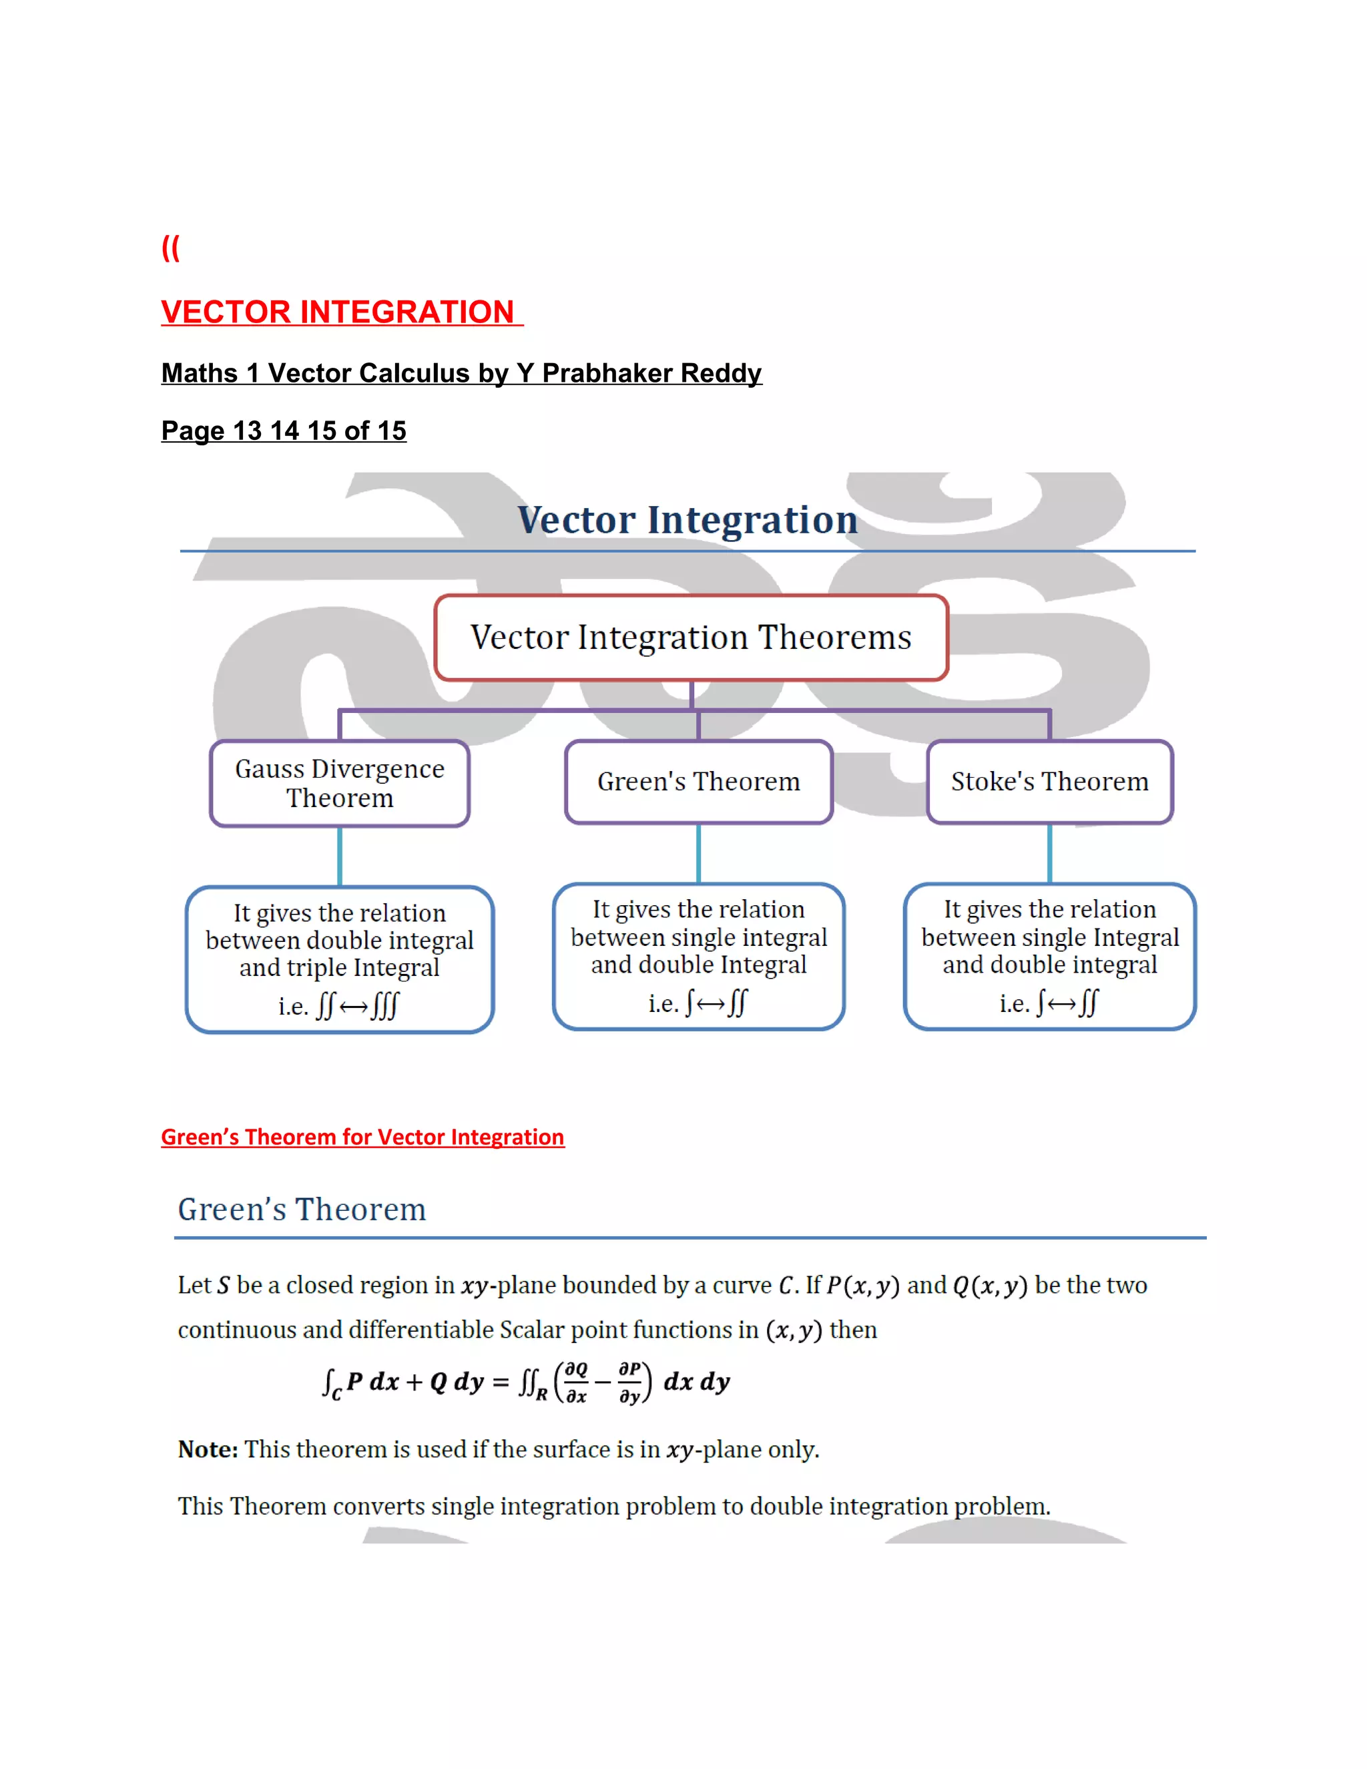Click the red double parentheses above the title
(x=170, y=248)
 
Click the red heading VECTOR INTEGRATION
(x=338, y=312)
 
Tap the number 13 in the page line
(x=247, y=431)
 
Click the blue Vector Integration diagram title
(x=688, y=519)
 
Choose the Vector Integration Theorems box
(x=691, y=638)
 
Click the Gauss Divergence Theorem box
(x=339, y=783)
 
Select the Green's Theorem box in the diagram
(x=698, y=782)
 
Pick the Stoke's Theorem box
(x=1049, y=782)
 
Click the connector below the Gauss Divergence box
(x=339, y=856)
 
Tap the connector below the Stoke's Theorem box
(x=1049, y=853)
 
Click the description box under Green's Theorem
(x=698, y=956)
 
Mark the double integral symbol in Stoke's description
(x=1089, y=1003)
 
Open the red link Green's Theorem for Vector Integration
(x=362, y=1138)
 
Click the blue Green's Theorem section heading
(x=301, y=1210)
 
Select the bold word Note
(x=208, y=1449)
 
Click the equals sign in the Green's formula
(x=501, y=1382)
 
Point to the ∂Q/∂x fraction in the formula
(x=576, y=1382)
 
